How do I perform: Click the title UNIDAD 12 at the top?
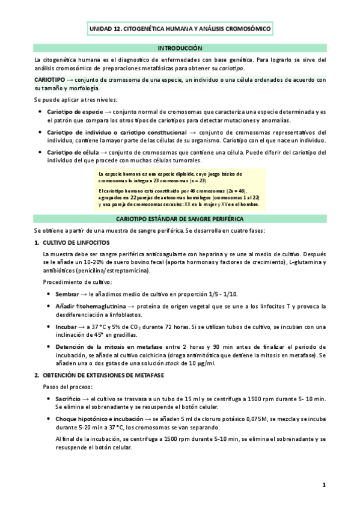click(x=180, y=28)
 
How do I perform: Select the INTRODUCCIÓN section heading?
click(x=180, y=48)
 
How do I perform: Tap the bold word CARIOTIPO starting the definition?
click(x=50, y=79)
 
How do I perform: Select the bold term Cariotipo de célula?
click(x=73, y=152)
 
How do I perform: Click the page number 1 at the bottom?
click(x=323, y=485)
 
